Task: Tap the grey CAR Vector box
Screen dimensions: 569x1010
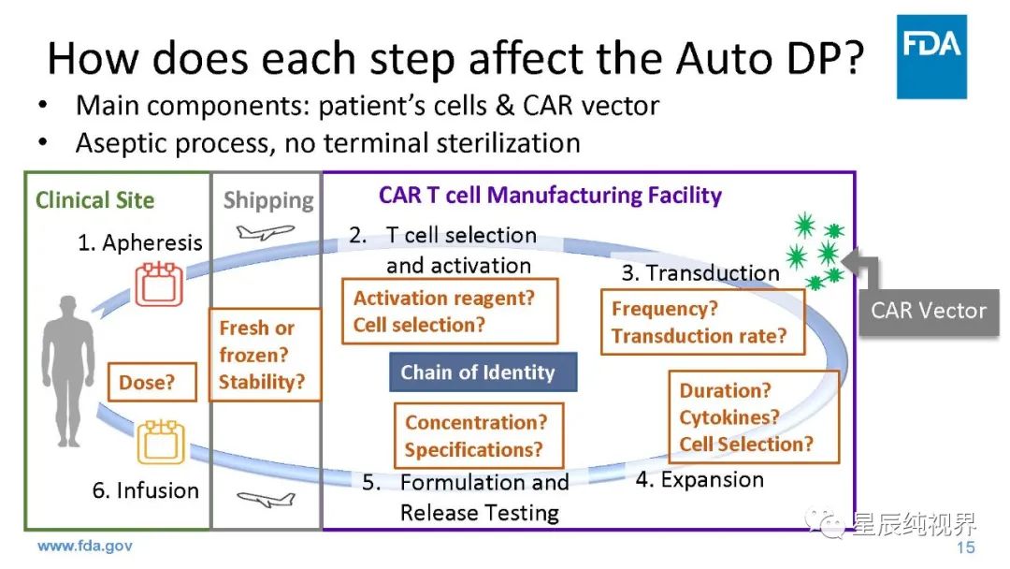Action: (x=929, y=310)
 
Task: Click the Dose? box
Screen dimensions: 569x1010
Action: (x=146, y=382)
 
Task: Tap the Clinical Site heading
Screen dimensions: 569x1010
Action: (x=94, y=199)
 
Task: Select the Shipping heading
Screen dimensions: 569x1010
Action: (x=268, y=199)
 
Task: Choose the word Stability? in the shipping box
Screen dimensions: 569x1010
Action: (x=262, y=382)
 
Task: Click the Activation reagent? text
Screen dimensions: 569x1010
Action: (x=443, y=299)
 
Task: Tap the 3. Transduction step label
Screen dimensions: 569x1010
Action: (x=700, y=273)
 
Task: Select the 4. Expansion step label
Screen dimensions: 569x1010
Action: (x=700, y=480)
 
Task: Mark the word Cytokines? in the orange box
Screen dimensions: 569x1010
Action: (x=729, y=417)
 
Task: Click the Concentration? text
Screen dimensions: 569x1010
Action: (x=476, y=422)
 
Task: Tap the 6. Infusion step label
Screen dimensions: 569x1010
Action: (x=145, y=490)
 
